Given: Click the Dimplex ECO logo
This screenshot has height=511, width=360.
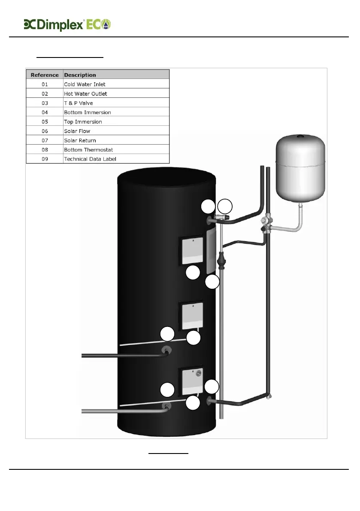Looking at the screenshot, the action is coord(67,24).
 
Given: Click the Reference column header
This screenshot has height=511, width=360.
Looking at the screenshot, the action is coord(45,75).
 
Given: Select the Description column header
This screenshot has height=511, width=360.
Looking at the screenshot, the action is coord(80,75).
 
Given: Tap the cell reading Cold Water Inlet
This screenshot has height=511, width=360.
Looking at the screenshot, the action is coord(85,84).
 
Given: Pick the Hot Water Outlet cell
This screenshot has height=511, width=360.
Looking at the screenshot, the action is coord(85,94).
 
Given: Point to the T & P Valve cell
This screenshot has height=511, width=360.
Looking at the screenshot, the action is coord(78,103).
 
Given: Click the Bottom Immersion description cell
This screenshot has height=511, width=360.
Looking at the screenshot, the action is coord(88,112).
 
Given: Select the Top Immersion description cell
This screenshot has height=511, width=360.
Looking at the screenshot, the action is coord(83,122).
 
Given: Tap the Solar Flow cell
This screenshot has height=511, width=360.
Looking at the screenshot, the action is coord(77,131).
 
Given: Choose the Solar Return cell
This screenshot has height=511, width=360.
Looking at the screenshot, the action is coord(80,140).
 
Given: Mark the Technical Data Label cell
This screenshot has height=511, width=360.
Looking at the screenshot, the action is coord(90,159).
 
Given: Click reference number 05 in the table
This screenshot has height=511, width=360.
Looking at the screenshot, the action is coord(45,122).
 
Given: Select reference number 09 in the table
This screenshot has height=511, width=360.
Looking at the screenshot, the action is coord(45,159).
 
